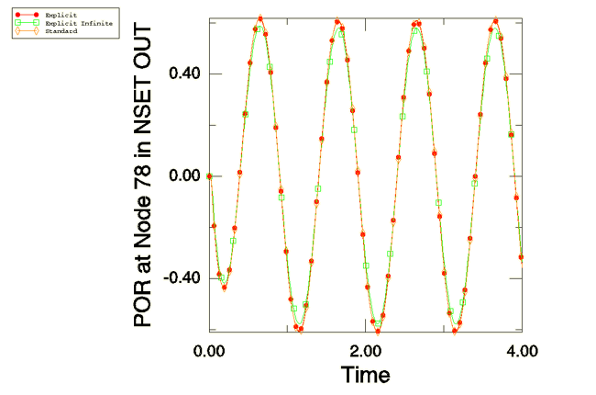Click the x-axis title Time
tap(366, 375)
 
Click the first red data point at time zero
tap(210, 175)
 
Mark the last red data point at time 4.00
tap(521, 257)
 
